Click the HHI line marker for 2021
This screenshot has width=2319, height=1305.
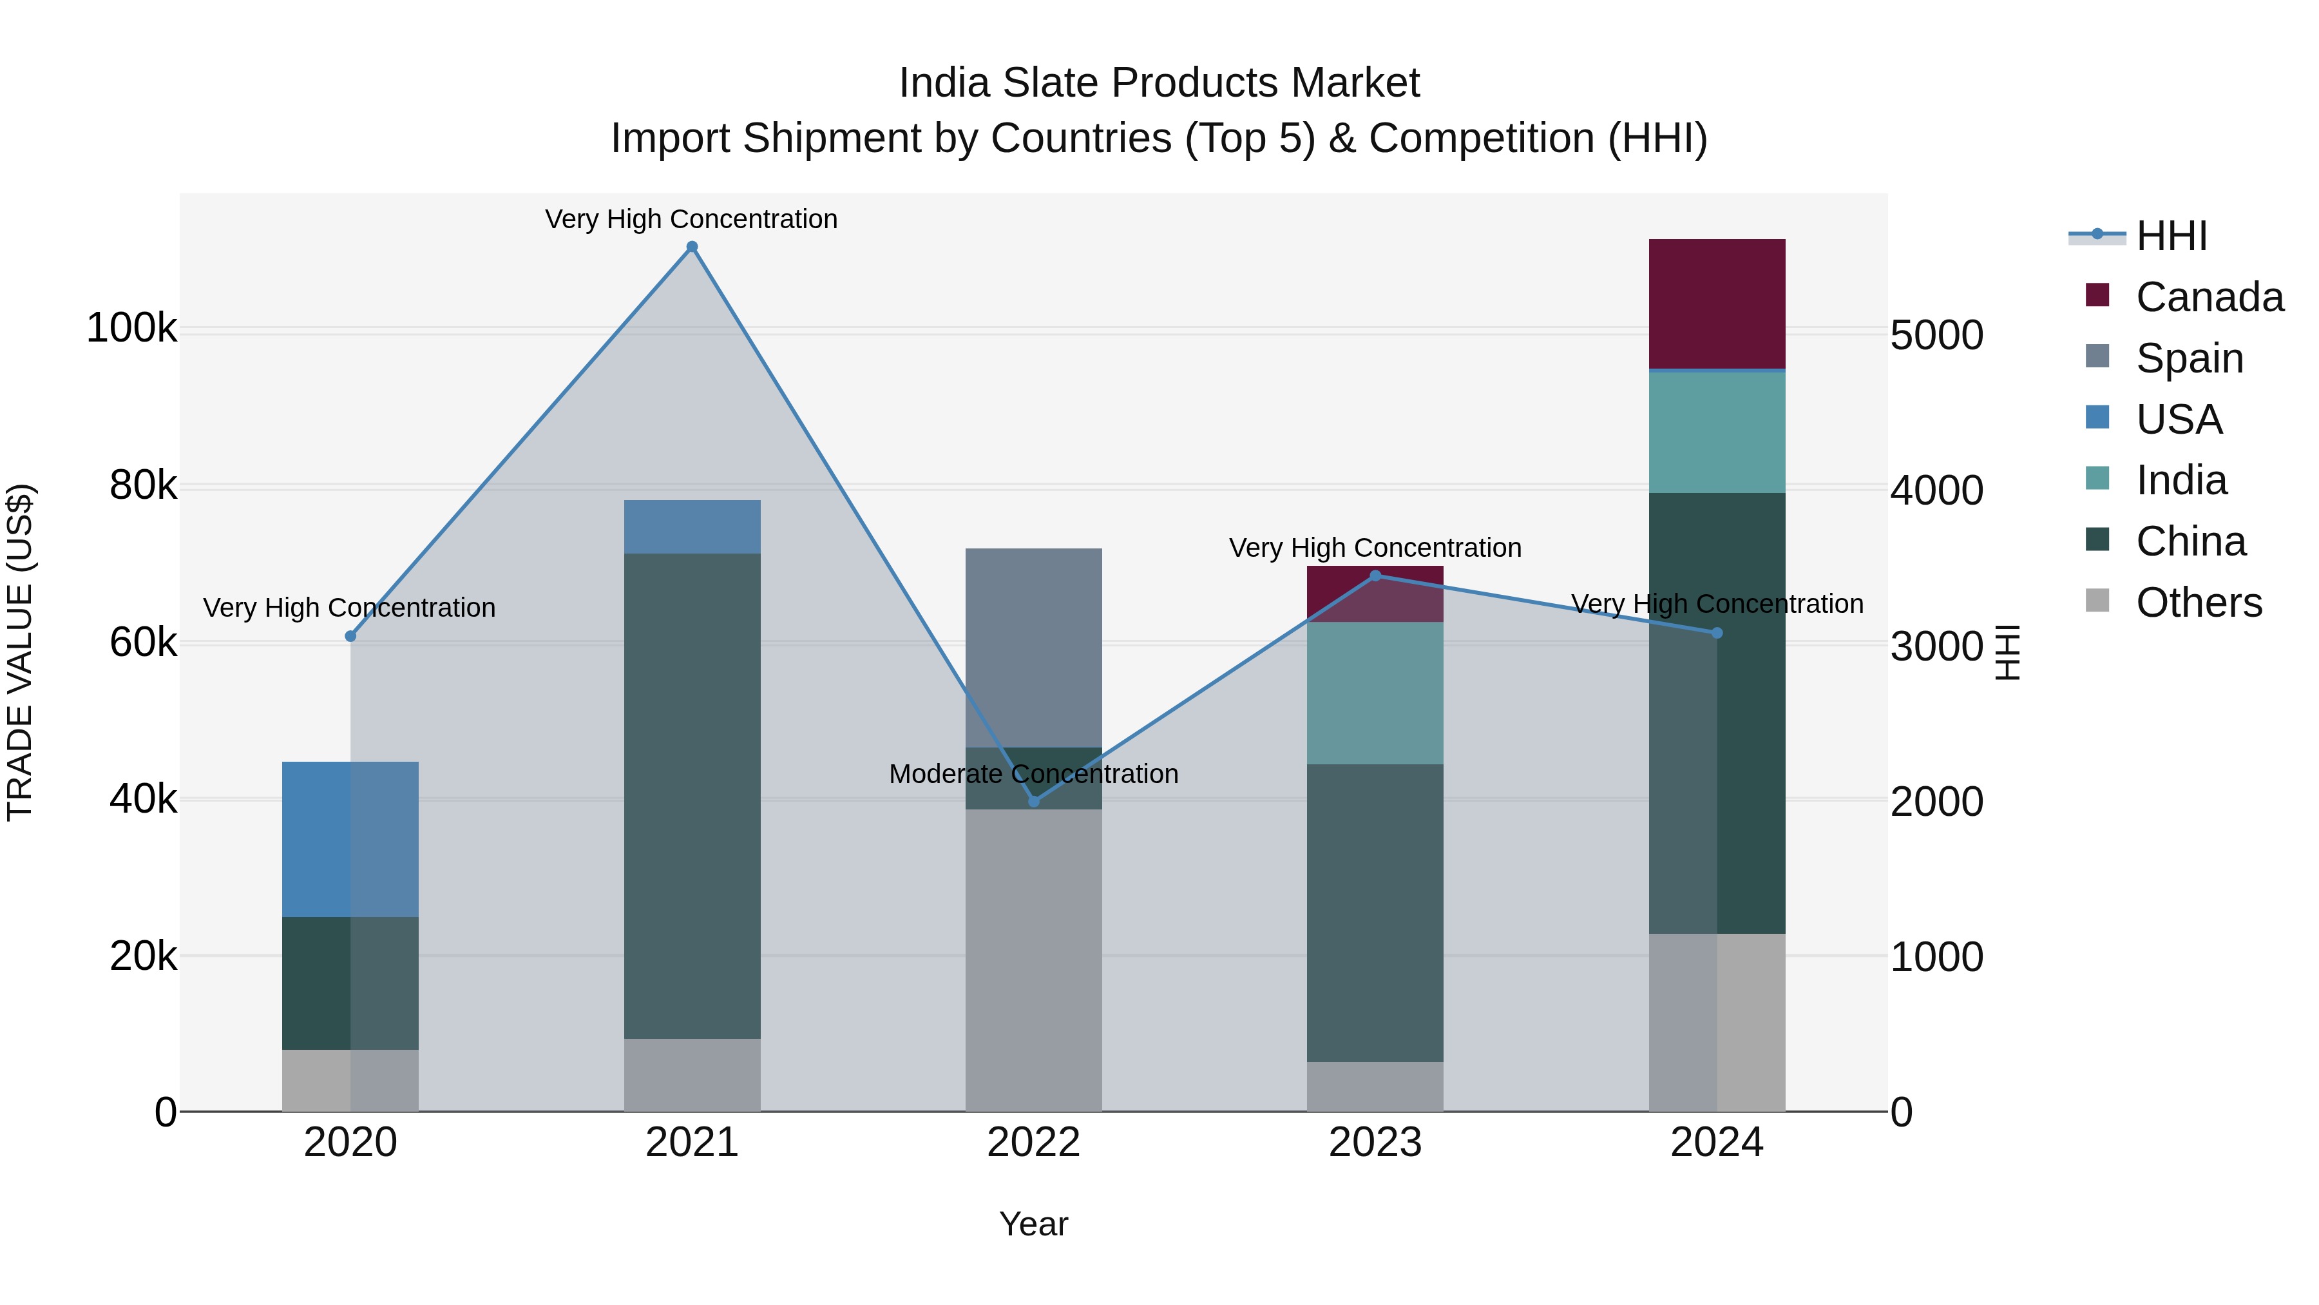tap(691, 247)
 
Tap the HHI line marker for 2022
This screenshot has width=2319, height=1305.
tap(1033, 800)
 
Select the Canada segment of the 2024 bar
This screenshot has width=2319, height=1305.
tap(1716, 304)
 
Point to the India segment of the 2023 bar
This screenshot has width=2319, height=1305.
tap(1375, 693)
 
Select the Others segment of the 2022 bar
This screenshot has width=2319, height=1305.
tap(1033, 959)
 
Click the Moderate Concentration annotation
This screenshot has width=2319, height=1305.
tap(1033, 773)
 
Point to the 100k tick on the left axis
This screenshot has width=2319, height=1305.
tap(131, 328)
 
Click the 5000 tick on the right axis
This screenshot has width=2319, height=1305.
tap(1936, 335)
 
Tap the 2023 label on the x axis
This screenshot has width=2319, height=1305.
tap(1375, 1143)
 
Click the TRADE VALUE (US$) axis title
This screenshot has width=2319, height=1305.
tap(20, 652)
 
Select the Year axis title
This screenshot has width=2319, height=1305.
tap(1033, 1224)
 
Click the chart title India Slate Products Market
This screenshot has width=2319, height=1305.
tap(1159, 83)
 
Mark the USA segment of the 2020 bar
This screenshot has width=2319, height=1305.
tap(350, 838)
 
